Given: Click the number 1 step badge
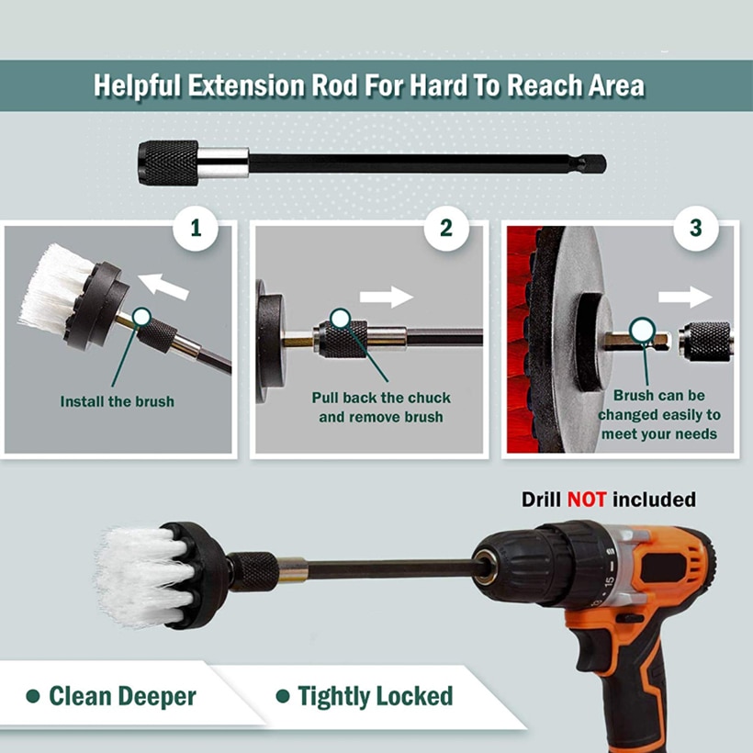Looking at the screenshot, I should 196,227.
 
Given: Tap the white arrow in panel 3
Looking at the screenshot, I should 685,296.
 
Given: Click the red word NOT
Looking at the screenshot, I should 586,500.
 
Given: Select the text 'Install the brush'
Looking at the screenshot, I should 117,401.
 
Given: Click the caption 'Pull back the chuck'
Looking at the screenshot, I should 381,398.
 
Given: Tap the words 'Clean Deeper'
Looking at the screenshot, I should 122,696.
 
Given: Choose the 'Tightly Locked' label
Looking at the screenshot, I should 375,696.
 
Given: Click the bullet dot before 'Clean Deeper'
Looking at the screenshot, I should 33,697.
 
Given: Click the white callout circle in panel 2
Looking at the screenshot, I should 340,319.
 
